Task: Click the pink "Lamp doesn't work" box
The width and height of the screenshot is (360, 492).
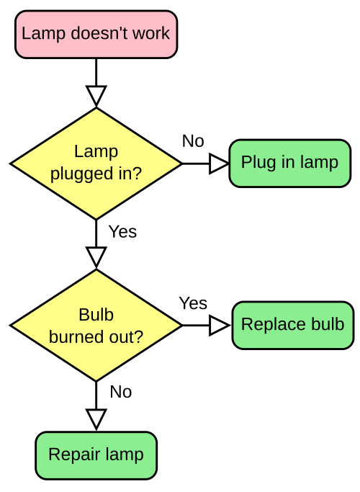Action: (96, 34)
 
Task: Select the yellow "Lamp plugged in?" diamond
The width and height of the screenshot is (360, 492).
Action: (96, 164)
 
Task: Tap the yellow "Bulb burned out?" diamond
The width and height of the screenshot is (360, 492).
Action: (96, 326)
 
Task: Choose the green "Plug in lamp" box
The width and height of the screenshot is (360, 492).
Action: (289, 163)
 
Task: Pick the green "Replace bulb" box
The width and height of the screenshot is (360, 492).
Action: (292, 325)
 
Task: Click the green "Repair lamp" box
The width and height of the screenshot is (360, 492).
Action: (96, 455)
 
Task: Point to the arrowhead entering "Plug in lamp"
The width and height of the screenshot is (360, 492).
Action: (218, 164)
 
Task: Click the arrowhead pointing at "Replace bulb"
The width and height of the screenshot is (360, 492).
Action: (218, 326)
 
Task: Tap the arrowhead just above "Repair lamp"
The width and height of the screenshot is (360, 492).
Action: (96, 418)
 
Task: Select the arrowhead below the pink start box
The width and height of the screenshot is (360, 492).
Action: (96, 94)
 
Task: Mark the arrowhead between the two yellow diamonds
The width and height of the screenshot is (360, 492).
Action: (96, 256)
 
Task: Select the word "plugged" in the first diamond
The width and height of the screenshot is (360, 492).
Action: (78, 174)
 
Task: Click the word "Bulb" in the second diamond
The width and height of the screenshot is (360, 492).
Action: (96, 316)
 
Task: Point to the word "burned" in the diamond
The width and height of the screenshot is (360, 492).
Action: (76, 336)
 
